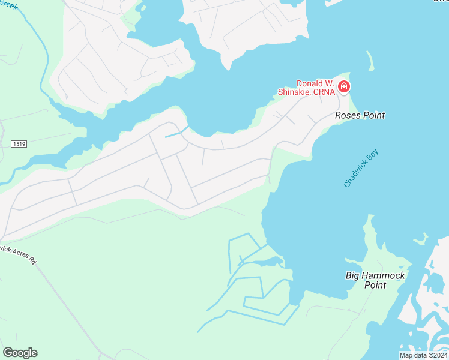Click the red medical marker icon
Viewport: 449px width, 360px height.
[x=344, y=88]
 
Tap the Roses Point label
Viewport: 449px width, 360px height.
[x=360, y=115]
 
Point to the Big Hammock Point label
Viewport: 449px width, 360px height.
[x=375, y=280]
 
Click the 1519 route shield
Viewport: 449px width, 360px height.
[x=20, y=144]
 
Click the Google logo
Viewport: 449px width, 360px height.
[x=20, y=353]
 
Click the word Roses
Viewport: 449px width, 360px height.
[x=347, y=115]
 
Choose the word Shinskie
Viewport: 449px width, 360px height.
[x=295, y=92]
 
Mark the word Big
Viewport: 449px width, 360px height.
[x=353, y=275]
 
